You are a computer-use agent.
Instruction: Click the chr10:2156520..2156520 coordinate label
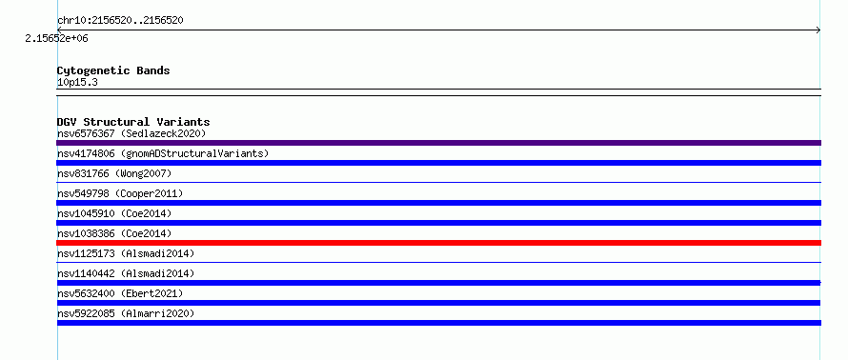click(120, 21)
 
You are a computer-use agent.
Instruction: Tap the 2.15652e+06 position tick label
click(56, 39)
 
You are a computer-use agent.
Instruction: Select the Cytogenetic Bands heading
click(113, 70)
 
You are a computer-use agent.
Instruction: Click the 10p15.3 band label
click(77, 83)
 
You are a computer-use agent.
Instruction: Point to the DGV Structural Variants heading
click(133, 122)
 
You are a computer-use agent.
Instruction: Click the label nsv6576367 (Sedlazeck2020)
click(131, 133)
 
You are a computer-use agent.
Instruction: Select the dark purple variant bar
click(438, 143)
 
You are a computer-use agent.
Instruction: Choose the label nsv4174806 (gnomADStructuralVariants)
click(163, 153)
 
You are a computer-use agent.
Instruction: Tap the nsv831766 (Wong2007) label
click(114, 173)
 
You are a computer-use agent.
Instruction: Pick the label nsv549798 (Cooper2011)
click(120, 193)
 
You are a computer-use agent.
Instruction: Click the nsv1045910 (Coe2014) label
click(114, 213)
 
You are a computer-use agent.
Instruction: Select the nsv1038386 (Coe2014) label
click(114, 233)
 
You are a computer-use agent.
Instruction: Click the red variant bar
click(438, 243)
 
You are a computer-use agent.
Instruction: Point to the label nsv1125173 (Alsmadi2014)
click(126, 253)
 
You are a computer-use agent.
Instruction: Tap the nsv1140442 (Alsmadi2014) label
click(126, 273)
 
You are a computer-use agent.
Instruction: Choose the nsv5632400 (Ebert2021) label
click(120, 293)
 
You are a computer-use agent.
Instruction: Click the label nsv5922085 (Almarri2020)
click(126, 313)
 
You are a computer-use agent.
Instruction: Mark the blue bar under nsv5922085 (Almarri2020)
click(438, 323)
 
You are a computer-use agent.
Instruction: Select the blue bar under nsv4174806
click(438, 163)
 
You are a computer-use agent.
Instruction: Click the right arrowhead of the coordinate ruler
click(818, 30)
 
